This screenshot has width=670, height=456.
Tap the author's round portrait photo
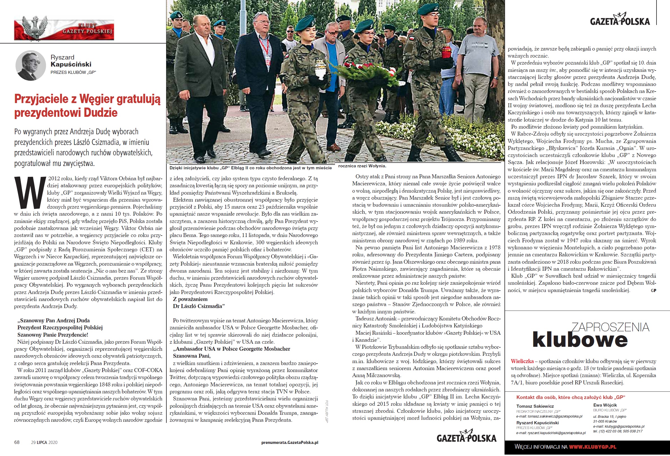(31, 65)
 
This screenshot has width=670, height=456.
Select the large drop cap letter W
(30, 192)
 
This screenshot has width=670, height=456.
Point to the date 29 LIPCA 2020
(44, 443)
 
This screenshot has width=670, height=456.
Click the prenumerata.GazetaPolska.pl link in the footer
(289, 443)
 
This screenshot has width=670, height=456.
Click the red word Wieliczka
(522, 361)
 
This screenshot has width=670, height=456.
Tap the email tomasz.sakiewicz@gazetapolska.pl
(551, 416)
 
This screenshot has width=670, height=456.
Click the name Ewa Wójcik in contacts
(605, 405)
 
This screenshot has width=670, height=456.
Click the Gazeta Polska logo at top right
(620, 20)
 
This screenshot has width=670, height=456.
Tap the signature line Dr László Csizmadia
(199, 306)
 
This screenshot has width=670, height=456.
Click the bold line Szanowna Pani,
(192, 356)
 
